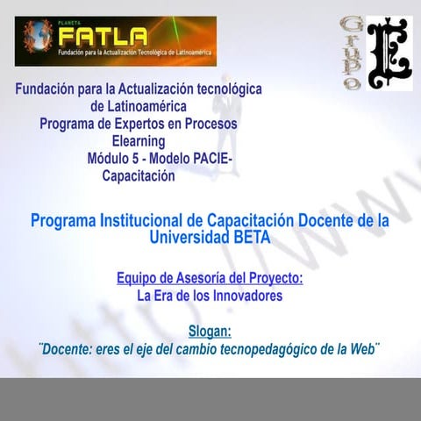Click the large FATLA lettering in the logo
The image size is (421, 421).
(x=103, y=38)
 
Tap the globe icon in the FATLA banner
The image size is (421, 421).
(x=38, y=39)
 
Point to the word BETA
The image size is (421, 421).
(x=253, y=238)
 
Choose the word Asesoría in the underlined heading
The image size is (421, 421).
(x=195, y=278)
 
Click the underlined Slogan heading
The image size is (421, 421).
(x=210, y=332)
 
